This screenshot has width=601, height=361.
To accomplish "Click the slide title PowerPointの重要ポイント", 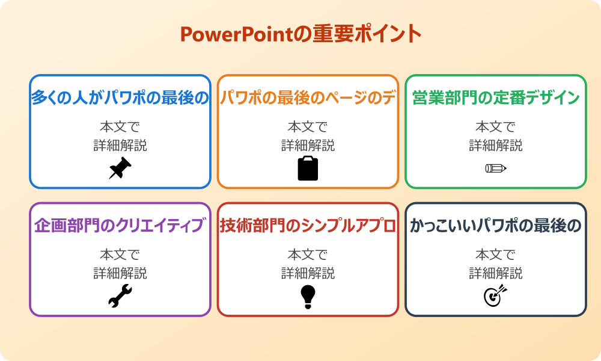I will pyautogui.click(x=300, y=34).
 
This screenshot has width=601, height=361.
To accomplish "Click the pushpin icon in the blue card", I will pyautogui.click(x=120, y=168).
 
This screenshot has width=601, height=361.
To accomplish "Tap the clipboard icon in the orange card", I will pyautogui.click(x=308, y=168).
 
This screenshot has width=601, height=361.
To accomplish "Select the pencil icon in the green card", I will pyautogui.click(x=495, y=168).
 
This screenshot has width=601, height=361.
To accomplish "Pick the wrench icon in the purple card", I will pyautogui.click(x=120, y=296).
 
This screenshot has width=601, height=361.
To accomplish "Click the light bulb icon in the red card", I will pyautogui.click(x=308, y=296).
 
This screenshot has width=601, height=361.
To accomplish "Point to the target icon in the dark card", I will pyautogui.click(x=495, y=296).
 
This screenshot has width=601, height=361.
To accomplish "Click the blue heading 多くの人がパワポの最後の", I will pyautogui.click(x=120, y=98).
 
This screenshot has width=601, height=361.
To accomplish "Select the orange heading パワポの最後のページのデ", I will pyautogui.click(x=308, y=98).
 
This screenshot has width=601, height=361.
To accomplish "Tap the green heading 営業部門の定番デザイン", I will pyautogui.click(x=495, y=98).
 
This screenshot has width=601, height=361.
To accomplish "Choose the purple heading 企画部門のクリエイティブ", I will pyautogui.click(x=120, y=226).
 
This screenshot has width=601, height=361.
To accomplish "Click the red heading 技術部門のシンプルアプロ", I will pyautogui.click(x=308, y=226).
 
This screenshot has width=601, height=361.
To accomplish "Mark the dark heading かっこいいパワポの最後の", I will pyautogui.click(x=495, y=226).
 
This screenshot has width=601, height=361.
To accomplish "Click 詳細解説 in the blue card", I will pyautogui.click(x=120, y=145).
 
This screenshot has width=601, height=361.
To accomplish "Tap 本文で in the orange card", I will pyautogui.click(x=308, y=127).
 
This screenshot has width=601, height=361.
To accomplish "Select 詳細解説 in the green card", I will pyautogui.click(x=495, y=145).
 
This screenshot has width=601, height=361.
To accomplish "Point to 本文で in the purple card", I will pyautogui.click(x=120, y=255).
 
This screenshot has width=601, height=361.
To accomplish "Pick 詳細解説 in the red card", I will pyautogui.click(x=308, y=273).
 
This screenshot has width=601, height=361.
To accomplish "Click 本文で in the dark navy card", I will pyautogui.click(x=495, y=255).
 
